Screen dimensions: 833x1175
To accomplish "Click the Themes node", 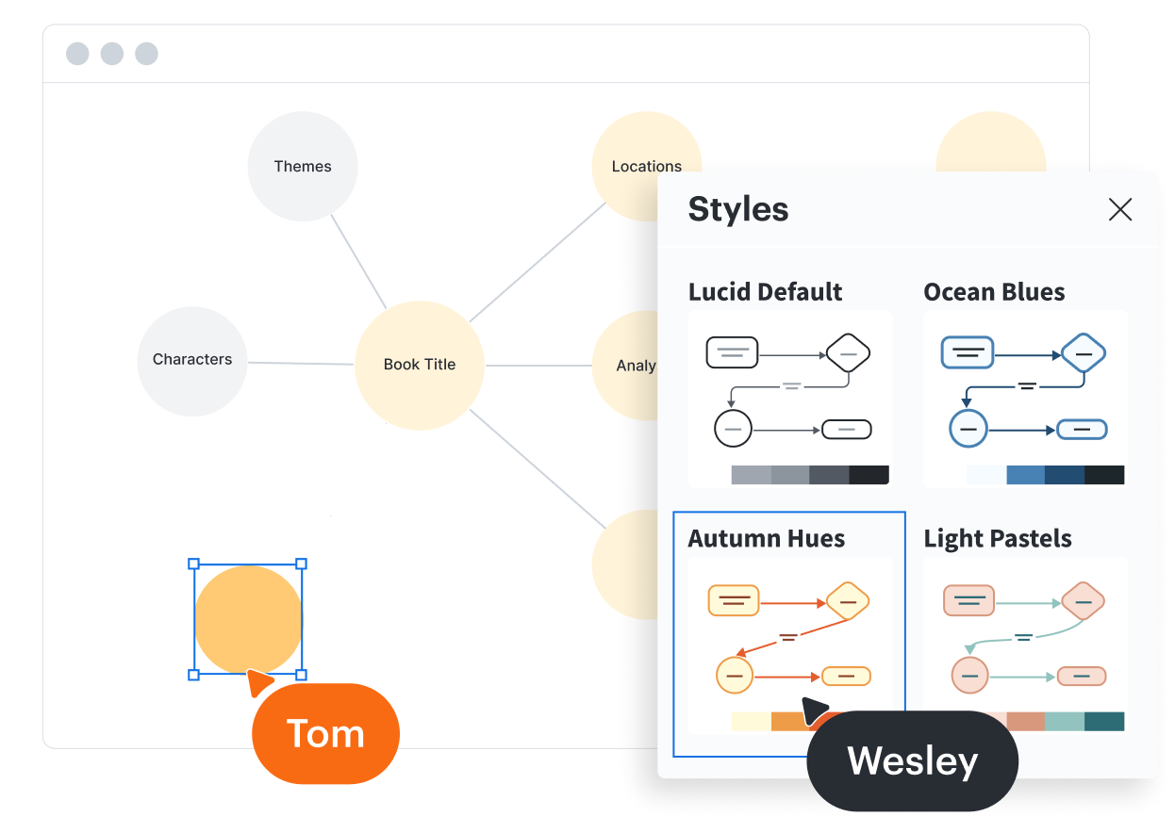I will [x=303, y=167].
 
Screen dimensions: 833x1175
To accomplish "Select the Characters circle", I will [x=192, y=360].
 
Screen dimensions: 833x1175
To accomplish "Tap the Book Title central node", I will [x=420, y=365].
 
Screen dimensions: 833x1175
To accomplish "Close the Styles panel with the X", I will [x=1120, y=209].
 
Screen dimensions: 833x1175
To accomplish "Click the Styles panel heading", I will [x=738, y=209].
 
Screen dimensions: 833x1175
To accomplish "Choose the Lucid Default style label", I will [x=766, y=292].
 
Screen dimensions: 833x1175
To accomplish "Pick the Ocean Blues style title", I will [x=994, y=292].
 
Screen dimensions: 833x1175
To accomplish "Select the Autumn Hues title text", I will [x=766, y=539].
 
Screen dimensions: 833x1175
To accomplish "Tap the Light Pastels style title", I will [x=998, y=539].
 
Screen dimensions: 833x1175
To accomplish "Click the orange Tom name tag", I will [x=326, y=733].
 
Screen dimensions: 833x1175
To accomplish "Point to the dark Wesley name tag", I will [x=913, y=760].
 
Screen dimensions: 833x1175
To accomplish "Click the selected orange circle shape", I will [x=248, y=619].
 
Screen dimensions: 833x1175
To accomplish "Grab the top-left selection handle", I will [x=194, y=564].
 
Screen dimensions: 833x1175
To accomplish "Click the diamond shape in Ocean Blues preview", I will [x=1084, y=354].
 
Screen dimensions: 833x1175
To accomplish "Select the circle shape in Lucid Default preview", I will [x=733, y=429].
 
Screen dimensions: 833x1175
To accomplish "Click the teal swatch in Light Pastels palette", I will [x=1104, y=721].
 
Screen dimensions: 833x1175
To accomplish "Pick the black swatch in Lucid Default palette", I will [x=869, y=475].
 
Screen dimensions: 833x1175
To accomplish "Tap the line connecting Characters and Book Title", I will [x=301, y=363].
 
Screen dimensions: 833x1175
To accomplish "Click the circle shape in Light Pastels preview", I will [x=968, y=676].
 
